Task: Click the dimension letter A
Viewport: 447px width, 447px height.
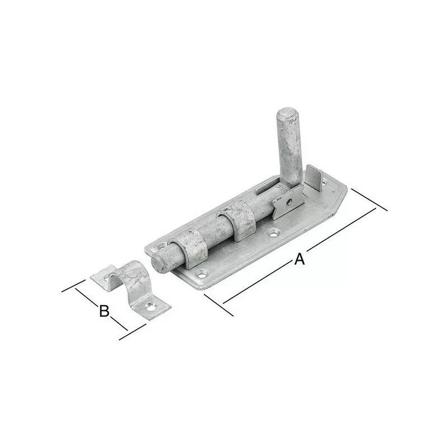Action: point(299,259)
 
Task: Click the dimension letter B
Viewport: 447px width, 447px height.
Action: point(103,311)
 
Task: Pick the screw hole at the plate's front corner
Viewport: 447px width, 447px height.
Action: point(199,274)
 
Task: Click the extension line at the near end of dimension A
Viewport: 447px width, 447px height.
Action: point(218,305)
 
